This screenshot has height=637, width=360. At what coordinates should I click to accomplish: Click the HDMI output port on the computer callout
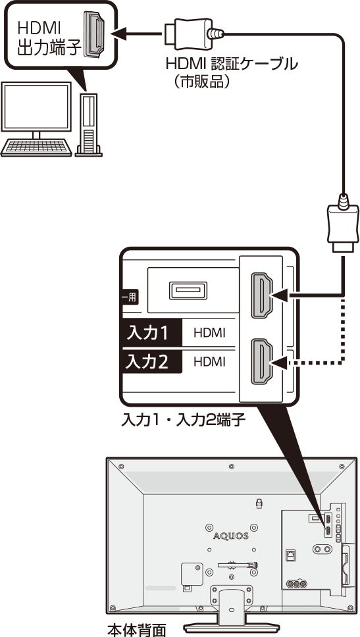point(93,34)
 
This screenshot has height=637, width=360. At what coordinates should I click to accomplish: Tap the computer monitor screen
point(36,106)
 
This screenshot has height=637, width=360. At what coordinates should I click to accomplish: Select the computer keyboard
point(36,148)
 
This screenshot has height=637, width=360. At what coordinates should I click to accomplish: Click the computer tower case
point(88,125)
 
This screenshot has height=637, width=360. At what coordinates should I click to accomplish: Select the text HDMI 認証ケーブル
point(232,64)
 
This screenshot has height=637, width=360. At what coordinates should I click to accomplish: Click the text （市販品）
point(201,82)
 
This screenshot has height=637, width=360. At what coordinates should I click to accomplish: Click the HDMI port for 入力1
point(262,295)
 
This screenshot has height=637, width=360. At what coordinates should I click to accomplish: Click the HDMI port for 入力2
point(262,361)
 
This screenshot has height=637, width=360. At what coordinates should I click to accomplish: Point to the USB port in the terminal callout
point(188,290)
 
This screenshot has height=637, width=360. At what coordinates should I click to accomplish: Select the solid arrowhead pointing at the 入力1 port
point(280,295)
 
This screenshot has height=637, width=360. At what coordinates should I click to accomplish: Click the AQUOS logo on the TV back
point(231,536)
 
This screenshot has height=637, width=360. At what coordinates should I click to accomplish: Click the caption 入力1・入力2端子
point(184,420)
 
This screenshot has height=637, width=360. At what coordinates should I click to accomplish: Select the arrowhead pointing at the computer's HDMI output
point(118,34)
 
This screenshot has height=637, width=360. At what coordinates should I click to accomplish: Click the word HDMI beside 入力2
point(209,361)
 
